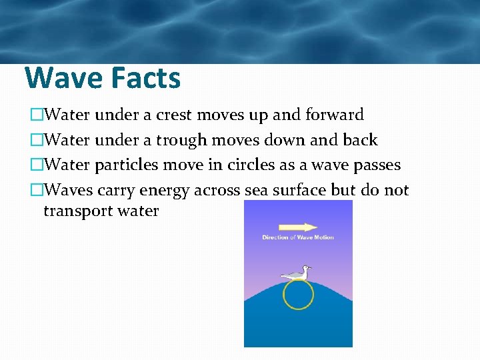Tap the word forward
(x=334, y=115)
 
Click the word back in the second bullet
(x=359, y=140)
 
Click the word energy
(x=164, y=191)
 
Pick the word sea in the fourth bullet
(x=257, y=191)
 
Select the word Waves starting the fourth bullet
(x=68, y=191)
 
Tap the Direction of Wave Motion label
(x=298, y=237)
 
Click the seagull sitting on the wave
(x=297, y=273)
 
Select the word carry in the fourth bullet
(x=117, y=191)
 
